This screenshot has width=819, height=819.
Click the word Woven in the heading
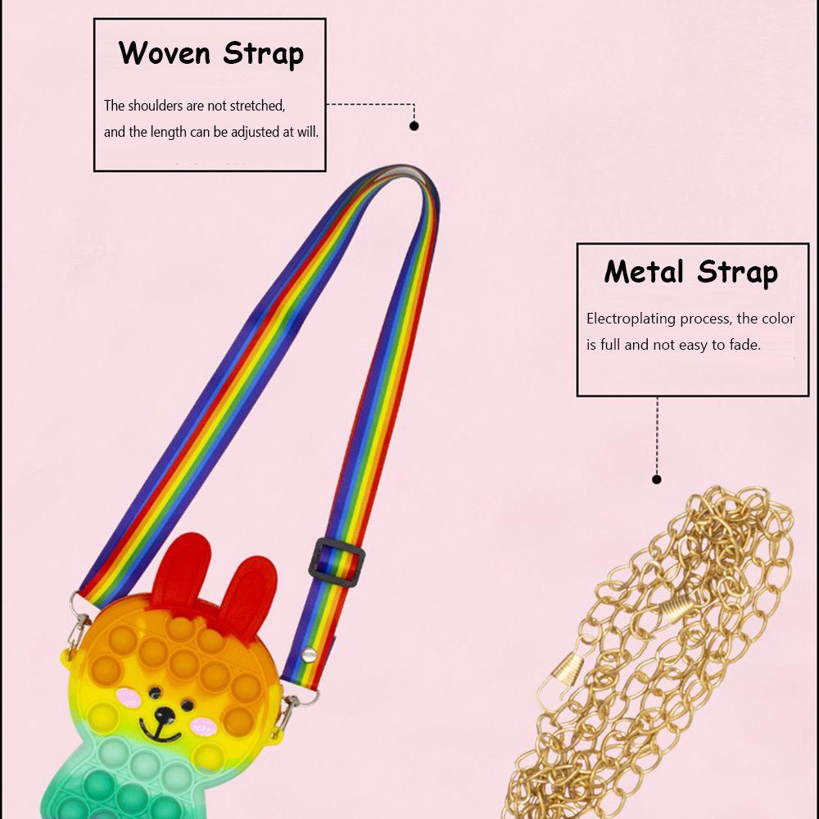166,53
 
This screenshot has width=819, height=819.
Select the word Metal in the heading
646,272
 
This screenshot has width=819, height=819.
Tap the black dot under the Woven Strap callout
414,126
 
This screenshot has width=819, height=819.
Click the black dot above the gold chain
656,479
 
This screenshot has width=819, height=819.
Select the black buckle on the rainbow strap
337,562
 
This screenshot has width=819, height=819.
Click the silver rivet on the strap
310,653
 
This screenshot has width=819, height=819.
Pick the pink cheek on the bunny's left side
128,697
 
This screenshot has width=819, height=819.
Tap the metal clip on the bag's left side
78,627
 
